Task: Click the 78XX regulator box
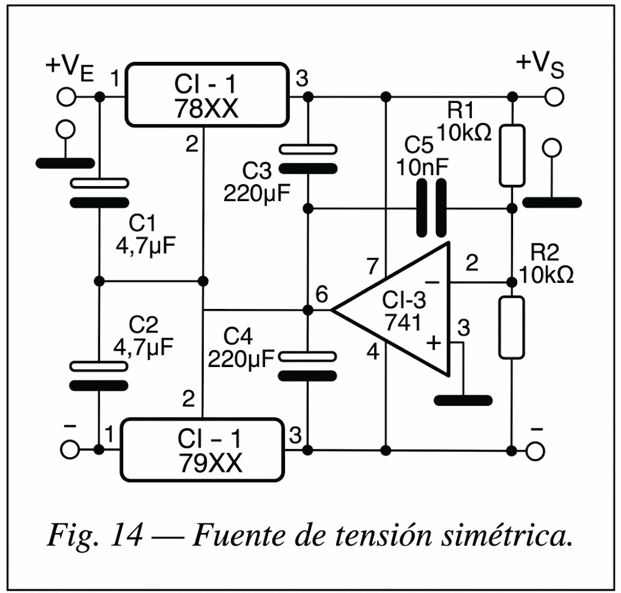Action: [207, 95]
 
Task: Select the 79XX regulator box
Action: [203, 449]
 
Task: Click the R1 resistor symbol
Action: [512, 156]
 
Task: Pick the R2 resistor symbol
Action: [512, 328]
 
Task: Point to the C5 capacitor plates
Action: [432, 208]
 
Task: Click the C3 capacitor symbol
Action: [308, 159]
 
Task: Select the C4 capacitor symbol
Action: [307, 366]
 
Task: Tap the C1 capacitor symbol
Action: [99, 193]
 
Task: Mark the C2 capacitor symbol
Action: [99, 376]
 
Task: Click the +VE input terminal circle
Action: [66, 96]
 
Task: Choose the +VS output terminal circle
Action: [554, 96]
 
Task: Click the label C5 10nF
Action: [422, 156]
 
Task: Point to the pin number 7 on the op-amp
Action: [373, 267]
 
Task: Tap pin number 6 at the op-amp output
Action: [321, 294]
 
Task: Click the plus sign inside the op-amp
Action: [434, 343]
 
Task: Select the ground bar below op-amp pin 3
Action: [463, 400]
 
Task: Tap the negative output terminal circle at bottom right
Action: [535, 451]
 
